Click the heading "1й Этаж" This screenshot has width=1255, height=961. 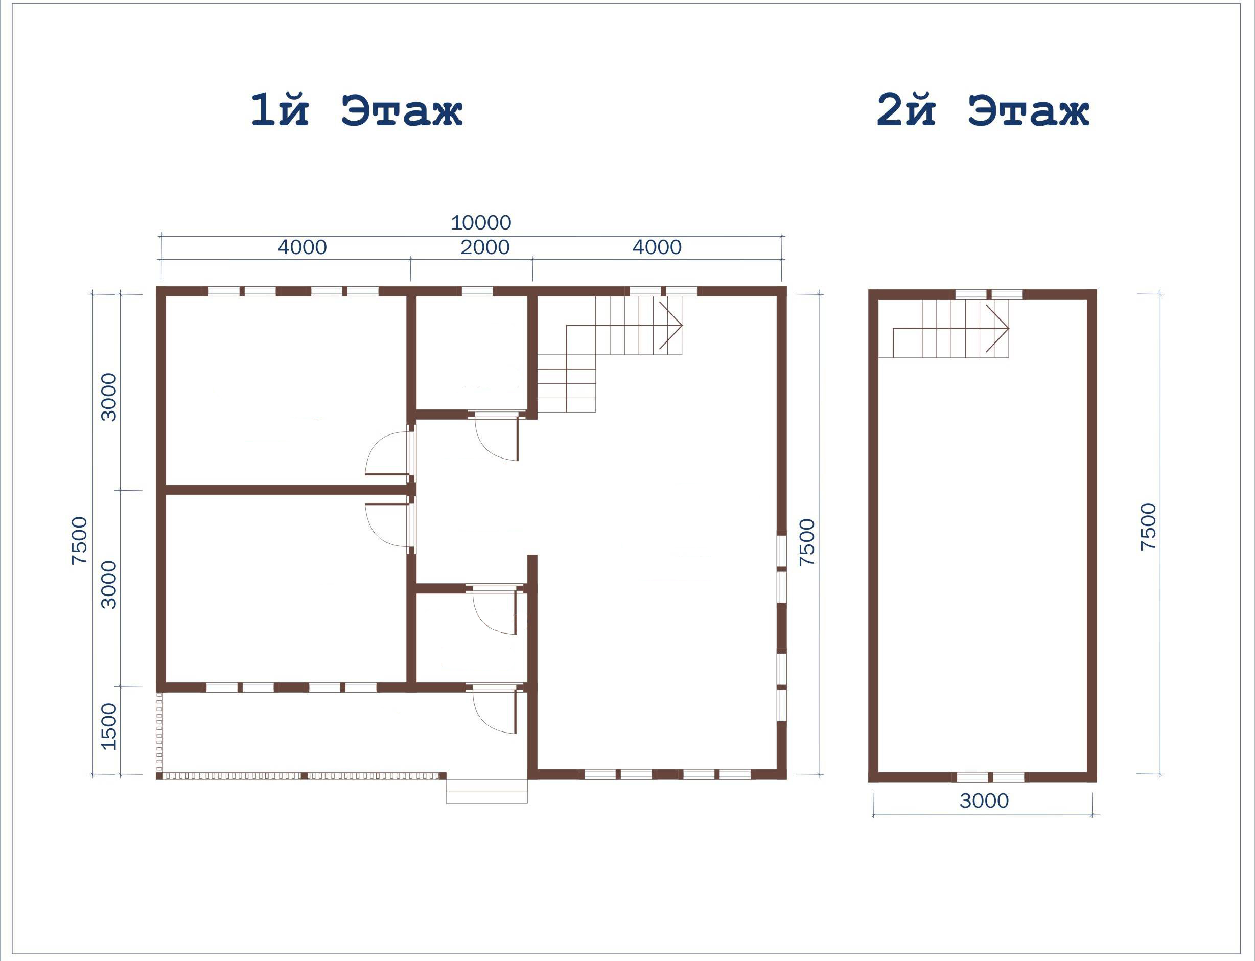click(356, 110)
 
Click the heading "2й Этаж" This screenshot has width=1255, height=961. click(983, 110)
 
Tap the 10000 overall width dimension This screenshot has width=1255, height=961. click(481, 222)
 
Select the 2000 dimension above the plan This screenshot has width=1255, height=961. click(485, 247)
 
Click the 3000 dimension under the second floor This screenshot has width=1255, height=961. click(984, 801)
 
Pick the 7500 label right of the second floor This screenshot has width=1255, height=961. click(1148, 527)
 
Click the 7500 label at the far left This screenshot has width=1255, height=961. click(80, 541)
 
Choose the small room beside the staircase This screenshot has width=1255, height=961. click(471, 352)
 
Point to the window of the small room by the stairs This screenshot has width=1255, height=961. click(477, 291)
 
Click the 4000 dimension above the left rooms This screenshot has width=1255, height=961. click(302, 247)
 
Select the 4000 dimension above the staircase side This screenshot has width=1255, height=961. click(657, 247)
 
